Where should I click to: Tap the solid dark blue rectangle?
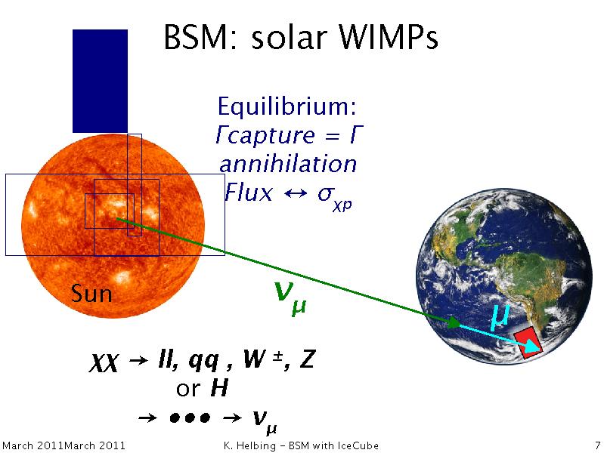pos(100,81)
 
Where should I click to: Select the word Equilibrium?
pos(287,106)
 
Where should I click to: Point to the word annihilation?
pos(288,164)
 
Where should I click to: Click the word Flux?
pos(249,192)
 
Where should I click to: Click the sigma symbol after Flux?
pos(326,193)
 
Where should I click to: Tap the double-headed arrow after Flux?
pos(295,193)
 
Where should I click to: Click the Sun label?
pos(91,293)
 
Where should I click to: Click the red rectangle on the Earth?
pos(528,343)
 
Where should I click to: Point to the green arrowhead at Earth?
pos(454,322)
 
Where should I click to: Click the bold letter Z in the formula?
pos(307,359)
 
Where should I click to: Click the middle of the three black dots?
pos(190,418)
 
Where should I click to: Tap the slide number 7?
pos(598,445)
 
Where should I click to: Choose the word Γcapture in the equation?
pos(265,134)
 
